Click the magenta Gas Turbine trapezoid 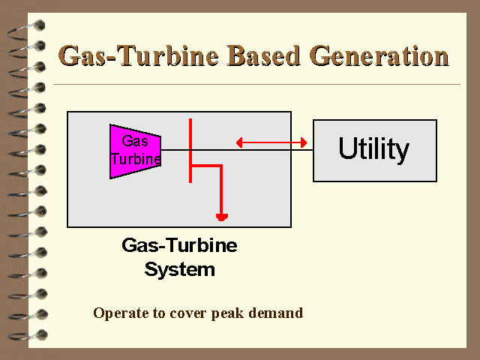click(135, 151)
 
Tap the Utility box click(375, 151)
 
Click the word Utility click(373, 149)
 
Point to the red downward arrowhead click(222, 217)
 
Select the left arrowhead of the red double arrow click(239, 142)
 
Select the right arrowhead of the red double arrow click(304, 142)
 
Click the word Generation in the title click(379, 55)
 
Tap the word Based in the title click(263, 55)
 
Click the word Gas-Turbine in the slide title click(138, 55)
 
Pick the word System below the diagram click(180, 270)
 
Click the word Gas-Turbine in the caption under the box click(179, 245)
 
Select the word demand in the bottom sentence click(276, 313)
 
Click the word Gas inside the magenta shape click(135, 141)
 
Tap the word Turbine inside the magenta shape click(136, 158)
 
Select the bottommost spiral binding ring click(28, 335)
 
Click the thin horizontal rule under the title click(256, 84)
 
